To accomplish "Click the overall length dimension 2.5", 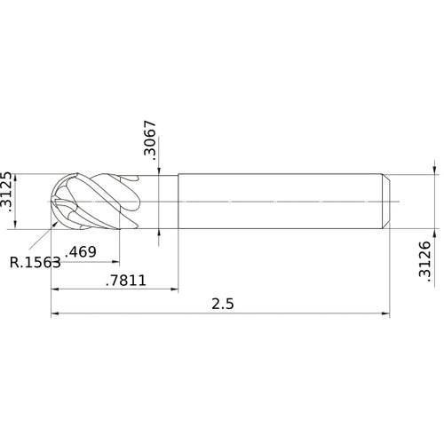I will coord(223,303).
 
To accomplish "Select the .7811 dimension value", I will coord(126,281).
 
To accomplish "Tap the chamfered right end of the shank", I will coord(387,202).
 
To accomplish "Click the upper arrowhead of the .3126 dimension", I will coord(434,170).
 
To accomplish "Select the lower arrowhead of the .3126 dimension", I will coord(434,233).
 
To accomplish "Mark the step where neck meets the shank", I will coord(178,202).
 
